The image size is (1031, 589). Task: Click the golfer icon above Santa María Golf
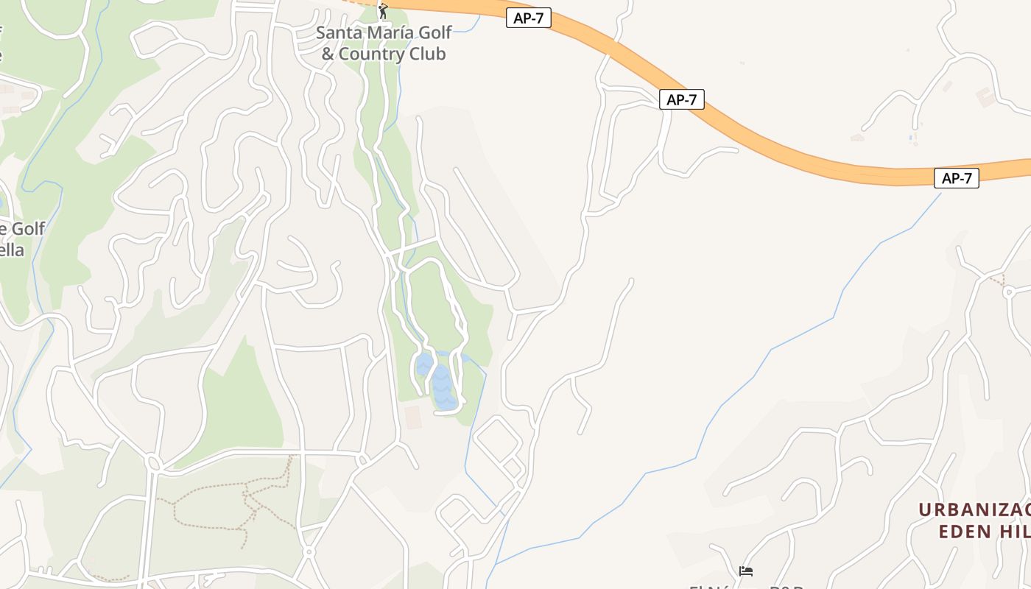point(382,11)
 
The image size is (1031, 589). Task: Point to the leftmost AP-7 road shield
point(529,18)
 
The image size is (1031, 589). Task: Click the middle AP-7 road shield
point(681,99)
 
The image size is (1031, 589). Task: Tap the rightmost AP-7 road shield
point(956,178)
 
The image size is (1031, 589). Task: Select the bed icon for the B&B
point(746,571)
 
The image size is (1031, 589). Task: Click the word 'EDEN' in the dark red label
point(964,531)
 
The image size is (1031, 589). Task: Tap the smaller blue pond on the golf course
point(423,364)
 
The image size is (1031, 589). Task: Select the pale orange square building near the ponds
point(412,417)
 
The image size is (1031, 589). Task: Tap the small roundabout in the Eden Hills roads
point(1008,292)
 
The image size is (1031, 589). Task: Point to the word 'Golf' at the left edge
point(28,229)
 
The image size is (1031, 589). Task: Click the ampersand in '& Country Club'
point(328,54)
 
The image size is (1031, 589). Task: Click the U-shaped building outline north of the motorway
point(985,96)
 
